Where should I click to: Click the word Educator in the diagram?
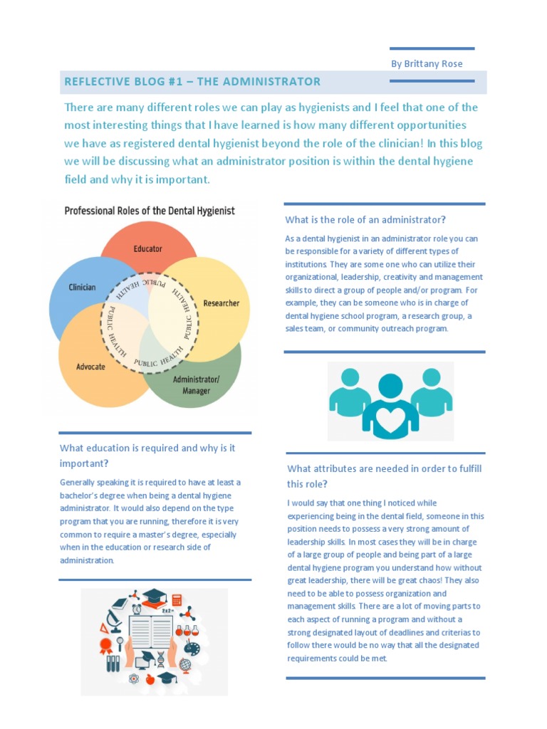147,248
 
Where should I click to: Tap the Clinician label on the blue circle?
82,287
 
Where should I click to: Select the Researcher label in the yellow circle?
222,303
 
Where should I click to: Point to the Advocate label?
90,367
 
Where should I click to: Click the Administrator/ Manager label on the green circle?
196,385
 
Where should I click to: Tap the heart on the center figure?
390,414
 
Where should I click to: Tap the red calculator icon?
177,600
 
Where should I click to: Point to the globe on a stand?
185,666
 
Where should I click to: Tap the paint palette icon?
192,648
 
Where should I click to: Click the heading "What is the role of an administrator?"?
365,219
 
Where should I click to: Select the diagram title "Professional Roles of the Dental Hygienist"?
150,211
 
